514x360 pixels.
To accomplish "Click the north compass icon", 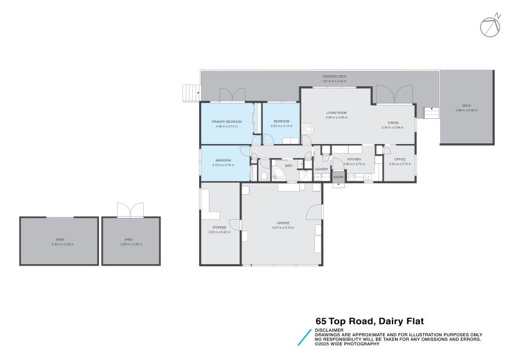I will coord(490,26).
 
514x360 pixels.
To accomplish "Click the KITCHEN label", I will coord(354,159).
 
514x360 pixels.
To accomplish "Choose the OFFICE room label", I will coord(400,159).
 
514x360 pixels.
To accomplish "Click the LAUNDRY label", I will coord(321,169).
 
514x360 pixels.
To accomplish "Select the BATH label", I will coord(289,166).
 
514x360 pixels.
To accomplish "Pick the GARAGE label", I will coord(283,222).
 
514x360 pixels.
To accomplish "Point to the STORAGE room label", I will coord(219,227).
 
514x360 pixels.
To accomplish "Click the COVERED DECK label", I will coord(334,76).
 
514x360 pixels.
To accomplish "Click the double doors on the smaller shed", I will coord(131,210).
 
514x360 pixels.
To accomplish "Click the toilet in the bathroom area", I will coord(264,175).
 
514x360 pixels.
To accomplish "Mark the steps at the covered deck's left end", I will coord(191,93).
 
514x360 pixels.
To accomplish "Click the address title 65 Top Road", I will coord(369,321).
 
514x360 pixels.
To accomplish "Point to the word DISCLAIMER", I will coord(327,330).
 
